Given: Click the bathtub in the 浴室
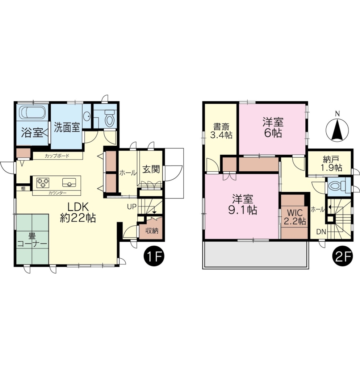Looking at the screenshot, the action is [33, 112].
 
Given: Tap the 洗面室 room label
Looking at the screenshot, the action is [67, 127].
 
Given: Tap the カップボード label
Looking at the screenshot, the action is [57, 156].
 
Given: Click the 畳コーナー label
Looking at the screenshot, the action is [32, 240].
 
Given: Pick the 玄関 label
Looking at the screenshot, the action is [151, 169].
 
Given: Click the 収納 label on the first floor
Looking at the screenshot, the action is [152, 230].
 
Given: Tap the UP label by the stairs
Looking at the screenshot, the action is [132, 207].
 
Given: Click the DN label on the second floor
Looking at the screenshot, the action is [321, 232].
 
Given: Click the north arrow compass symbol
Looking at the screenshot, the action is [337, 130].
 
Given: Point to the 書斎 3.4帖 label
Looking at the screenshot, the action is [221, 131].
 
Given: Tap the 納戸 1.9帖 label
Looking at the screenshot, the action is [331, 164].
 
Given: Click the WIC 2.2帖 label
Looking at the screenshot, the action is [295, 217].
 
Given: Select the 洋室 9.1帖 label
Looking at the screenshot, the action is [243, 204].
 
